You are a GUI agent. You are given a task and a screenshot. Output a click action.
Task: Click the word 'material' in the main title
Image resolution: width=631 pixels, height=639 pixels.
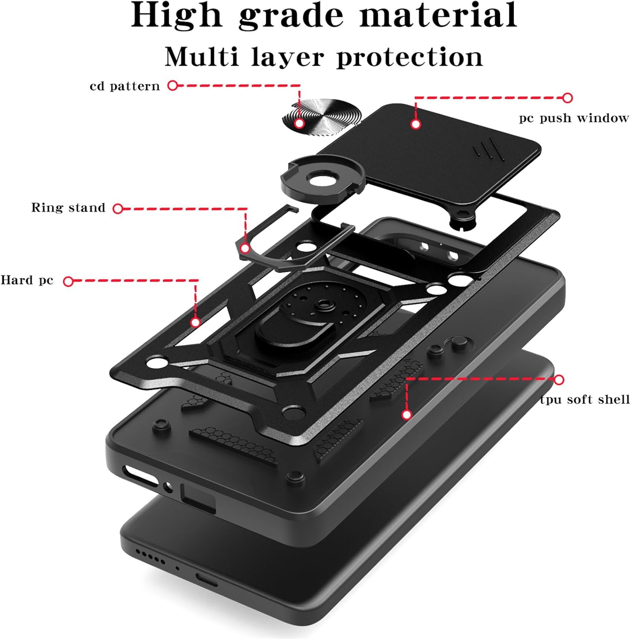pyautogui.click(x=438, y=15)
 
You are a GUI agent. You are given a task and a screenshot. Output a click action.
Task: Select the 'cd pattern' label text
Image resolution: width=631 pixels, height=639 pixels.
pyautogui.click(x=124, y=86)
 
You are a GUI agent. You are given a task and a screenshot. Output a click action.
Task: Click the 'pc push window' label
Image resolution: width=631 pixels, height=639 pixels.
pyautogui.click(x=573, y=118)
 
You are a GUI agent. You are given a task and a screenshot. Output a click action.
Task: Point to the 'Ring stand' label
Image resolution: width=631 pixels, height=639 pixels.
pyautogui.click(x=68, y=208)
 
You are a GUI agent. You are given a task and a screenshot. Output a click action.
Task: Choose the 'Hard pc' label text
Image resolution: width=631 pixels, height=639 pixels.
pyautogui.click(x=27, y=280)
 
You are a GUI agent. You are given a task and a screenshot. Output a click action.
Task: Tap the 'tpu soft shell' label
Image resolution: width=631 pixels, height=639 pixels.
pyautogui.click(x=585, y=400)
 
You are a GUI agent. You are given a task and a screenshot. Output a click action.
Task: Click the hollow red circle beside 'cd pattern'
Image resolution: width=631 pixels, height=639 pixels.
pyautogui.click(x=173, y=86)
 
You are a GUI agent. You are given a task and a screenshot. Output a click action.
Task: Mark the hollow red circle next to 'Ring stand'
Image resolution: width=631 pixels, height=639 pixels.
pyautogui.click(x=118, y=208)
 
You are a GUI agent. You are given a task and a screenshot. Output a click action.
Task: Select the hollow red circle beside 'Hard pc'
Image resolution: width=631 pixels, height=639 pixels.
pyautogui.click(x=68, y=281)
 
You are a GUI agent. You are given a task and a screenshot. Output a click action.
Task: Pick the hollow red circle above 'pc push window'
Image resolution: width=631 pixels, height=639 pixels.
pyautogui.click(x=567, y=98)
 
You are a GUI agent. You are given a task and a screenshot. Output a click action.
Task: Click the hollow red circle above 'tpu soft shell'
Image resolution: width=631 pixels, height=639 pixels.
pyautogui.click(x=559, y=380)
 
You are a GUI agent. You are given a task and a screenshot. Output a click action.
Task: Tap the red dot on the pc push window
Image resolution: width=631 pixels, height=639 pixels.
pyautogui.click(x=416, y=124)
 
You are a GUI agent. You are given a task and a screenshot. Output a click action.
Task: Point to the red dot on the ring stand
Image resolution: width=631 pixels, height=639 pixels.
pyautogui.click(x=245, y=248)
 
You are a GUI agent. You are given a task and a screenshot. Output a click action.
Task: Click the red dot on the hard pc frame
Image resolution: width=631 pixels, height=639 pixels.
pyautogui.click(x=196, y=322)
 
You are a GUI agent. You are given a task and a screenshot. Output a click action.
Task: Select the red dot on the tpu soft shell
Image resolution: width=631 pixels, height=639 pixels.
pyautogui.click(x=407, y=414)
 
